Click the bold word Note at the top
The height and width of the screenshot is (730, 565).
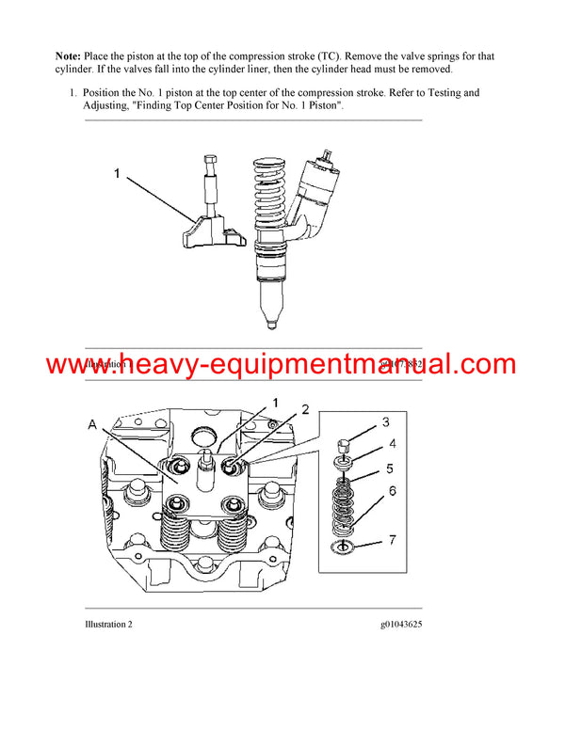pos(72,56)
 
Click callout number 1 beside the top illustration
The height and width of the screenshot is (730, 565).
pos(118,173)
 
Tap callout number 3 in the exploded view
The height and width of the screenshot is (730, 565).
pos(385,422)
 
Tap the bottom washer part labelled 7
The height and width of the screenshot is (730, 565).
pos(346,547)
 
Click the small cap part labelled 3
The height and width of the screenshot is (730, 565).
pos(346,443)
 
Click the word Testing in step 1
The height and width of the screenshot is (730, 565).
pos(442,93)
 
